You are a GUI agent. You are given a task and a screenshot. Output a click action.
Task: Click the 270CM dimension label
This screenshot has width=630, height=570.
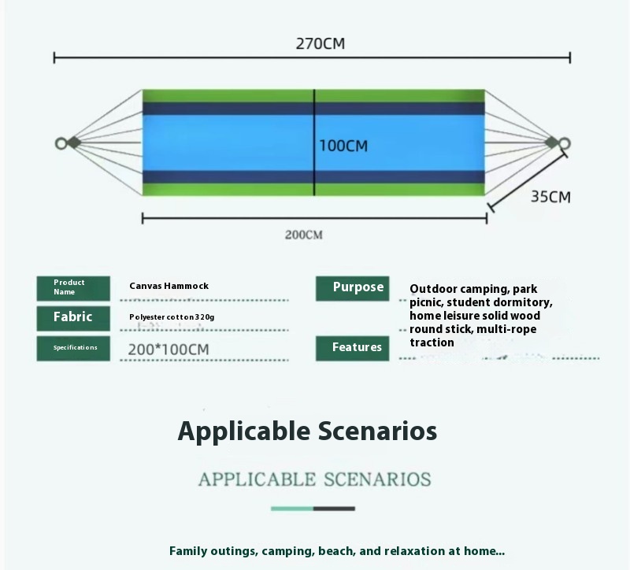click(x=320, y=43)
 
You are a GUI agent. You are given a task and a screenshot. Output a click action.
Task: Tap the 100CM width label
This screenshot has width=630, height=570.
click(x=343, y=146)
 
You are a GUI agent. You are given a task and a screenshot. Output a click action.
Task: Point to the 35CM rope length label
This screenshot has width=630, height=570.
click(x=550, y=197)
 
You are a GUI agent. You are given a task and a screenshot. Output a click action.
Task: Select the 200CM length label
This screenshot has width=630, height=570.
click(x=303, y=235)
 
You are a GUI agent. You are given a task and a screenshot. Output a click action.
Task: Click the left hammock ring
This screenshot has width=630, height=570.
click(x=61, y=143)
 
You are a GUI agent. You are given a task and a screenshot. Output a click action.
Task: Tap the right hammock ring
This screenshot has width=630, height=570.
click(x=564, y=143)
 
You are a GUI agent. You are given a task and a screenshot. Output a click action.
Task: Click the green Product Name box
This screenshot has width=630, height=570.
click(x=73, y=287)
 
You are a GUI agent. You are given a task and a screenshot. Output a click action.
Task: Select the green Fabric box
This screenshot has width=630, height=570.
click(x=73, y=317)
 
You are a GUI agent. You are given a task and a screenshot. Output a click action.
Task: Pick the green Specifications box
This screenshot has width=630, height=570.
click(x=73, y=347)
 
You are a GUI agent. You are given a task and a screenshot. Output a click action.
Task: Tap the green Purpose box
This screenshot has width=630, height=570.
click(x=352, y=287)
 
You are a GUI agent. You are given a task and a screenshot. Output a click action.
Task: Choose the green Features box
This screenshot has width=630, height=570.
click(x=352, y=347)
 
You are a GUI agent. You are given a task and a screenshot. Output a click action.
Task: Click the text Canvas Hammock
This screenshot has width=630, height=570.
click(x=169, y=286)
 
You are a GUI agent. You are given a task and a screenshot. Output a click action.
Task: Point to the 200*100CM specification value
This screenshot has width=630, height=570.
click(x=169, y=349)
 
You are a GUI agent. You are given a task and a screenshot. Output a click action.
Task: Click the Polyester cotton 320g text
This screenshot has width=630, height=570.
click(x=172, y=316)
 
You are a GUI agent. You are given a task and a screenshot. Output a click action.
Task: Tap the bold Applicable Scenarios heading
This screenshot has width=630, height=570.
click(x=307, y=431)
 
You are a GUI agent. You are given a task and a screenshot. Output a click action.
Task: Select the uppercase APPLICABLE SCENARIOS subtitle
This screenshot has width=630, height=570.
click(x=314, y=479)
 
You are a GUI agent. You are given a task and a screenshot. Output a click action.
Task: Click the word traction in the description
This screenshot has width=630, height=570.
click(x=432, y=342)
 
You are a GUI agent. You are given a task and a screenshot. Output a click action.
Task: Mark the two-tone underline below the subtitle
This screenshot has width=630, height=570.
click(x=313, y=509)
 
